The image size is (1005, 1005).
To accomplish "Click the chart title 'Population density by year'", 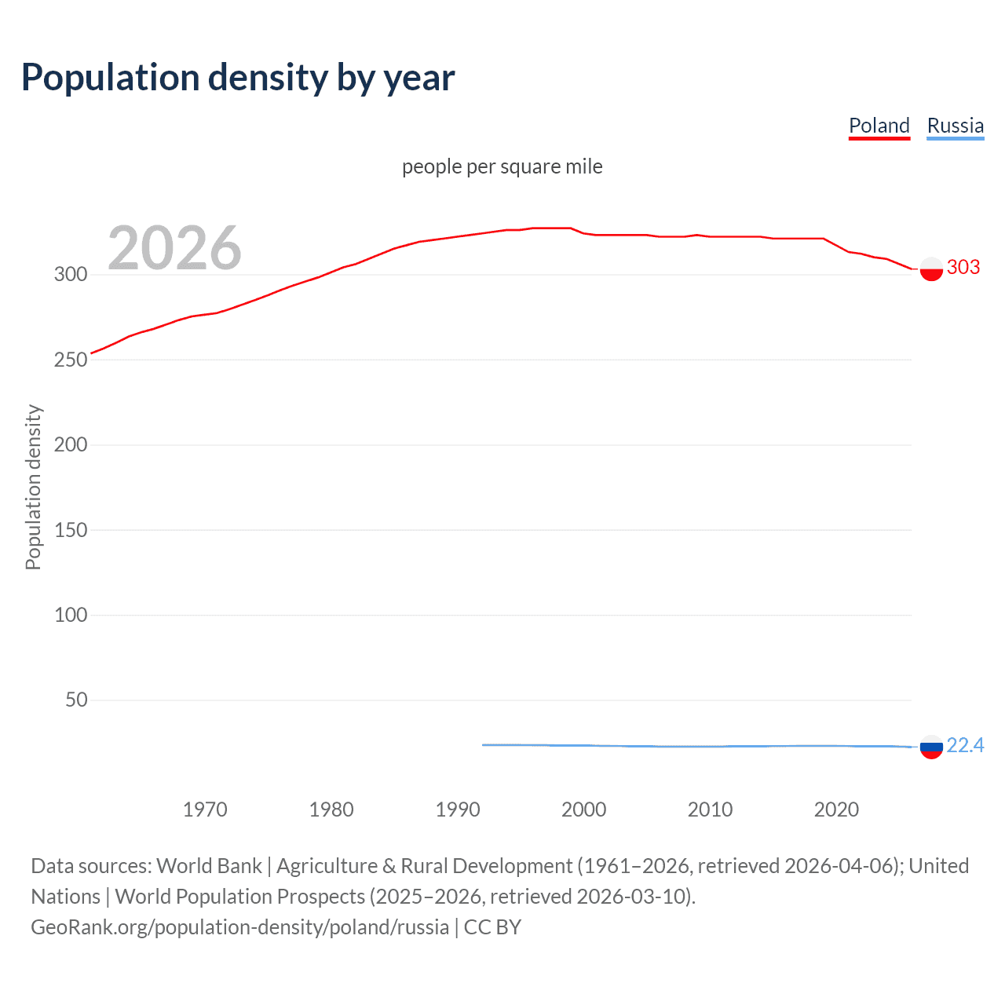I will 238,78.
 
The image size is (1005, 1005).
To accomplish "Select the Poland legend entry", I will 879,126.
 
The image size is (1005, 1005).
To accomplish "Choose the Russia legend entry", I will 955,126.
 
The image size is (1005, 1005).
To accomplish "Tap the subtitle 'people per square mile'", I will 502,166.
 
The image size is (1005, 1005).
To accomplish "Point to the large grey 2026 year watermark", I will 174,248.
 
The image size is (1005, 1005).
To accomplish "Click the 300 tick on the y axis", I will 70,274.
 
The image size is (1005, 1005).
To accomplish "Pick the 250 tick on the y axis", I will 70,360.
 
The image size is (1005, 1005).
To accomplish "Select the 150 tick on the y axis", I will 70,530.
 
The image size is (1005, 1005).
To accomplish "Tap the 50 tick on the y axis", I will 75,700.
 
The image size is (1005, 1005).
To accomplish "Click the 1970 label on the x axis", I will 205,809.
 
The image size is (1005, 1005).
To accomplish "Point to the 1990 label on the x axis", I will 458,809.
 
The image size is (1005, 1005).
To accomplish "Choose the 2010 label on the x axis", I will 710,809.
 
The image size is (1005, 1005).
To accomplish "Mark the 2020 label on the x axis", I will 836,809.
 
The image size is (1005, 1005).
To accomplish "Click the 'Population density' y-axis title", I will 33,487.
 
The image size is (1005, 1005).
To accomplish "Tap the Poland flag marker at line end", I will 931,269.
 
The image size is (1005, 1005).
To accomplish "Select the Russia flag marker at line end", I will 931,747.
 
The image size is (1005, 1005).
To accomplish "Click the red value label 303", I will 963,268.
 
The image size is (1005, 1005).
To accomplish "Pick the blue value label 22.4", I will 965,745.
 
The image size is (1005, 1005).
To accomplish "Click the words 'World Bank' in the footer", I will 209,866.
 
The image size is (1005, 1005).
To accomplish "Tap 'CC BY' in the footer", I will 492,927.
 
